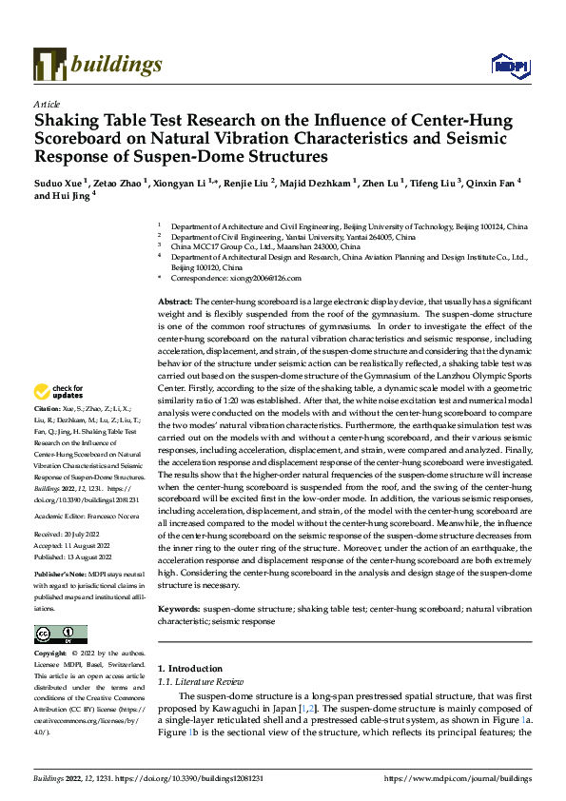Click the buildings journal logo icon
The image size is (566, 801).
point(49,65)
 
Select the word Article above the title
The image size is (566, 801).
point(47,104)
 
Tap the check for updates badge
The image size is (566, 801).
point(59,391)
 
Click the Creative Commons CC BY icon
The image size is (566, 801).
point(60,634)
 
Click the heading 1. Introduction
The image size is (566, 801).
point(189,669)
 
